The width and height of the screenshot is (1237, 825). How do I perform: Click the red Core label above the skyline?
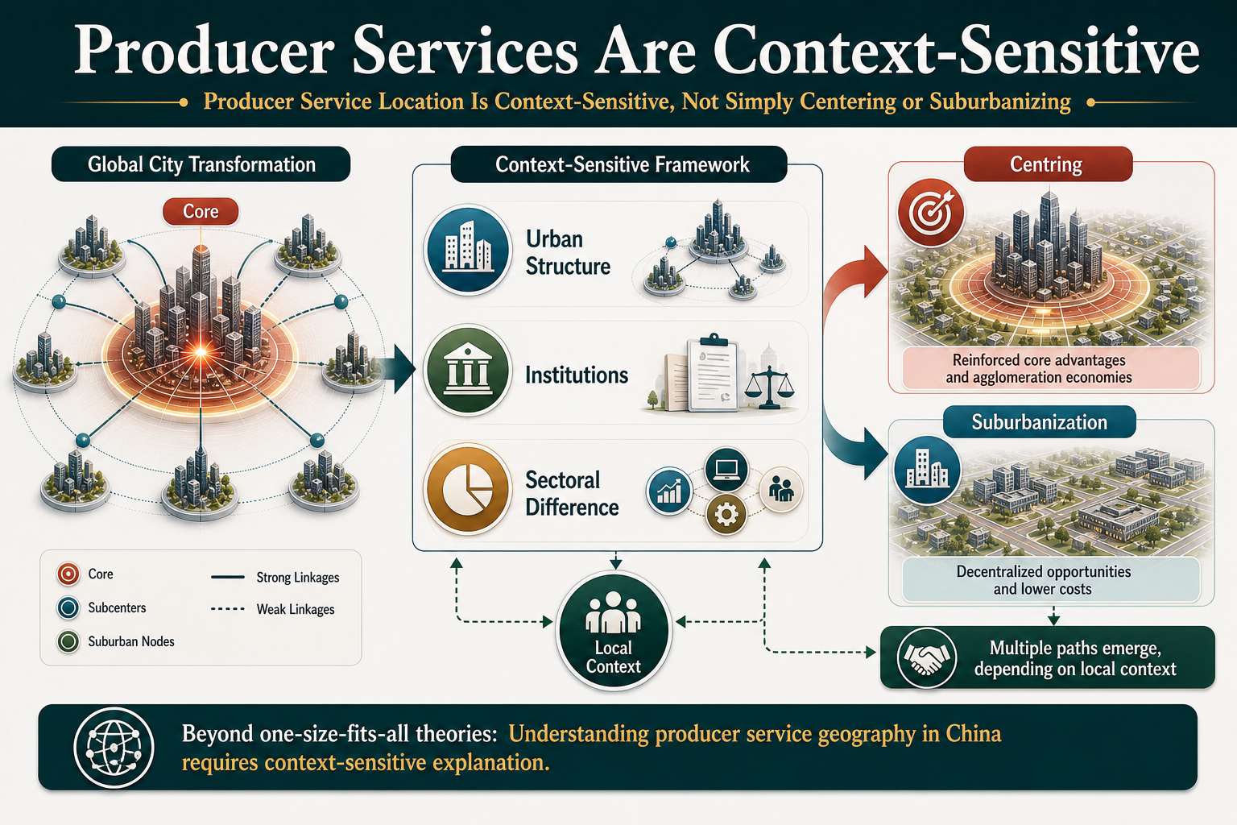pos(201,211)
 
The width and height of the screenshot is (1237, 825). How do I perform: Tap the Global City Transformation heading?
pos(201,164)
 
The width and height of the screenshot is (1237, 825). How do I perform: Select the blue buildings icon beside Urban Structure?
pos(468,249)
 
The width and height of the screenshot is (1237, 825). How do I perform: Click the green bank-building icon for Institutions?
pos(468,370)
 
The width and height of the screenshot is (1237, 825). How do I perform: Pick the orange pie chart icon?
pos(468,489)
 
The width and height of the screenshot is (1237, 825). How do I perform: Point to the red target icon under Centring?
pos(930,212)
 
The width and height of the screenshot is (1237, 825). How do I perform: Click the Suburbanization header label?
pos(1040,422)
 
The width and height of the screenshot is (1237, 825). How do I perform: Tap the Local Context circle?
pos(614,631)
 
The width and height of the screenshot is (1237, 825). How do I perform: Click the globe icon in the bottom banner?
pos(114,748)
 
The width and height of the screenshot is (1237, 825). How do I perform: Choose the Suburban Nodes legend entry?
pos(116,641)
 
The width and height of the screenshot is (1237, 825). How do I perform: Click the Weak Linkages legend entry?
pos(273,609)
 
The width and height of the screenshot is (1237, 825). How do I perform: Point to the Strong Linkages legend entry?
pos(275,577)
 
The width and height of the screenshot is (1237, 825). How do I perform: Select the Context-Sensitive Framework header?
pos(619,164)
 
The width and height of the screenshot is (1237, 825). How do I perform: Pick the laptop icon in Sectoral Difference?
pos(726,470)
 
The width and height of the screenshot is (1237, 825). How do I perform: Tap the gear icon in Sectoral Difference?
pos(726,515)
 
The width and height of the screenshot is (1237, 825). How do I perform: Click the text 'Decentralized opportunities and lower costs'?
pos(1043,579)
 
